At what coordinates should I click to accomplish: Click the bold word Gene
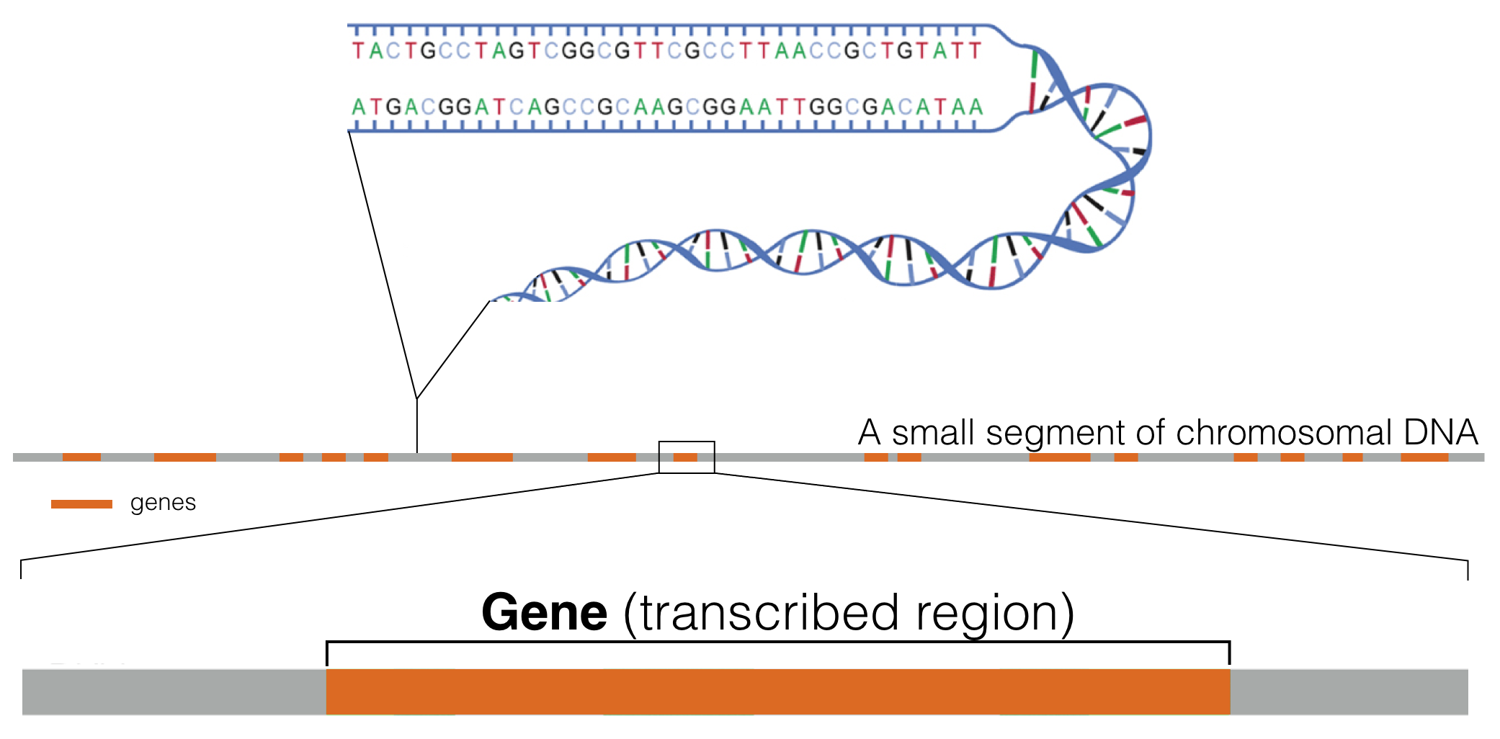point(544,613)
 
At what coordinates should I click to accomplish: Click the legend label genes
point(163,503)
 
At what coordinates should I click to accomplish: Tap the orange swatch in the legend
point(81,504)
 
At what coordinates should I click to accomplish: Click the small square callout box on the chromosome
point(687,457)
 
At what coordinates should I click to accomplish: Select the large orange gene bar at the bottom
point(778,691)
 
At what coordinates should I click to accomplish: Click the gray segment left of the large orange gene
point(174,691)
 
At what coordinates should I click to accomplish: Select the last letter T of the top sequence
point(975,51)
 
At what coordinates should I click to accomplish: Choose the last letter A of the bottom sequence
point(976,108)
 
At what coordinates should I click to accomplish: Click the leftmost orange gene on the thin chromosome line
point(81,457)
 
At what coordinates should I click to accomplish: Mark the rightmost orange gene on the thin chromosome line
point(1424,457)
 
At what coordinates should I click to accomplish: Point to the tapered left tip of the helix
point(496,299)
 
